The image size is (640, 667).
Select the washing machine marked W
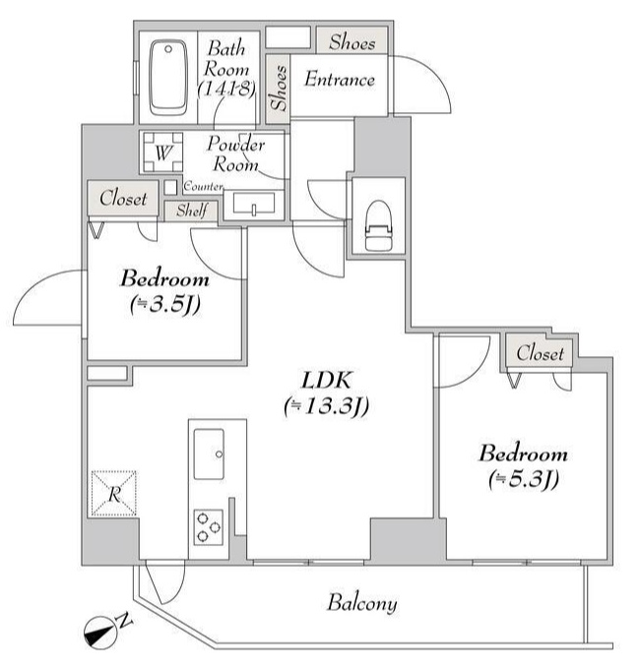(163, 152)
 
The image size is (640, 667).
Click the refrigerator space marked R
(114, 494)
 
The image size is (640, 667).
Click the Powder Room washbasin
(255, 206)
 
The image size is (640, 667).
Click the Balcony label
(362, 603)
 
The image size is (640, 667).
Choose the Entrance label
(339, 80)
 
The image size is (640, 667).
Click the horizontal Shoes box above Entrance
(352, 41)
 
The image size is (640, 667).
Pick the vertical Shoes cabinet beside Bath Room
(279, 88)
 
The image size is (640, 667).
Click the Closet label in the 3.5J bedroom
(123, 198)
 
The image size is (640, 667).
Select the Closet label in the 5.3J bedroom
(541, 352)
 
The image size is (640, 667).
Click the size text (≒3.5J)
(164, 304)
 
